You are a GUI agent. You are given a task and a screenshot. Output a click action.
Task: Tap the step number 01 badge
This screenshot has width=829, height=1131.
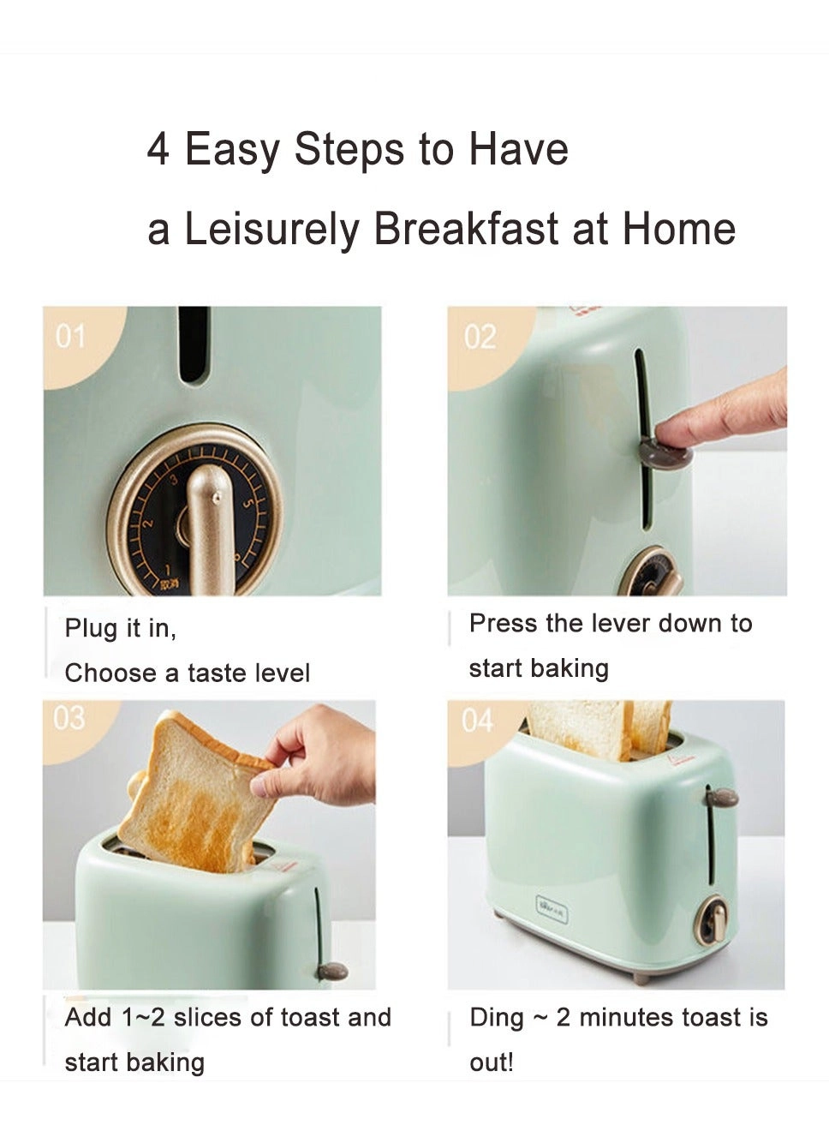70,336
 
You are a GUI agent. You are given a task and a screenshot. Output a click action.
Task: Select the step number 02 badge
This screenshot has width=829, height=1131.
480,337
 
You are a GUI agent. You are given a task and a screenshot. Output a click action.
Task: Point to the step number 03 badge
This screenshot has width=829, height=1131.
69,717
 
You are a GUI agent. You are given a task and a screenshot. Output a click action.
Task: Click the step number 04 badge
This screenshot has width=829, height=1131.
477,721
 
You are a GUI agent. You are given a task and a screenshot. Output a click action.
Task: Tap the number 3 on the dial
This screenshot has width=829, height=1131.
174,480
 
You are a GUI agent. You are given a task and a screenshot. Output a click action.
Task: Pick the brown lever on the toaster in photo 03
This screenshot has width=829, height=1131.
332,971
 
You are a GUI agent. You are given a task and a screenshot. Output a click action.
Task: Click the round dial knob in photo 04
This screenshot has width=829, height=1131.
711,921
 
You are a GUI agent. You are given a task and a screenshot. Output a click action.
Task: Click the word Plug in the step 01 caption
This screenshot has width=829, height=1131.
90,629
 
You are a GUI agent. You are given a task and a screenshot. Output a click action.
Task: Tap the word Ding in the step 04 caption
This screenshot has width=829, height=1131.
496,1018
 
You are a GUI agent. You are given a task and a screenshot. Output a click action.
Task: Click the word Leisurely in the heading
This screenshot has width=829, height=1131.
271,230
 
